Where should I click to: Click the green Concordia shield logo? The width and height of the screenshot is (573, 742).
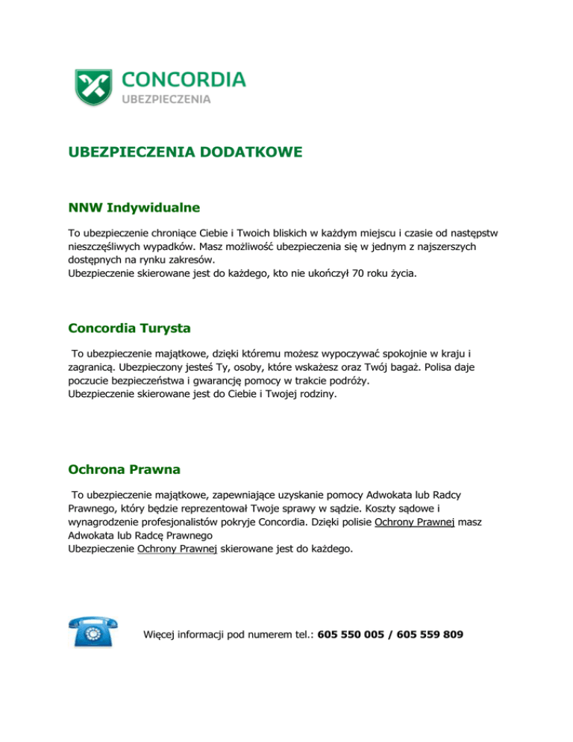(93, 87)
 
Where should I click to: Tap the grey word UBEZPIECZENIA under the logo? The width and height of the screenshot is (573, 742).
(166, 99)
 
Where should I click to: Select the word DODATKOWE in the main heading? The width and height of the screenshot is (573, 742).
(245, 152)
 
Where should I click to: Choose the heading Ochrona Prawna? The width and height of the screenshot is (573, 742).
(124, 470)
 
